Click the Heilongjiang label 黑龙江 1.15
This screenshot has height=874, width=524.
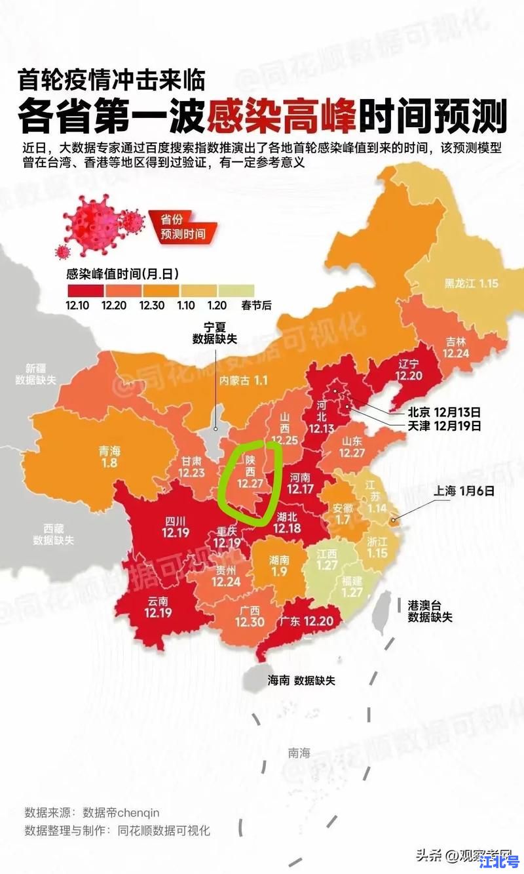pyautogui.click(x=472, y=283)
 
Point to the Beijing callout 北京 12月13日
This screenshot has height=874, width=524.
pyautogui.click(x=444, y=412)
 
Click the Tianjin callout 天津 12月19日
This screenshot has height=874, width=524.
pyautogui.click(x=444, y=426)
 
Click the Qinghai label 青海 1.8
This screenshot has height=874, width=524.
pyautogui.click(x=109, y=457)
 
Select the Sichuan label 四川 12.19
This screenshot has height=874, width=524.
pyautogui.click(x=176, y=526)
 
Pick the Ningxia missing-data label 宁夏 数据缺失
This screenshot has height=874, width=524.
pyautogui.click(x=214, y=332)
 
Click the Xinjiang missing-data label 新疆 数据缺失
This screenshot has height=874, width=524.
pyautogui.click(x=37, y=374)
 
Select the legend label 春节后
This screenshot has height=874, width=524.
pyautogui.click(x=238, y=305)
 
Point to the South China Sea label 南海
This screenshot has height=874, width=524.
pyautogui.click(x=299, y=753)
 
